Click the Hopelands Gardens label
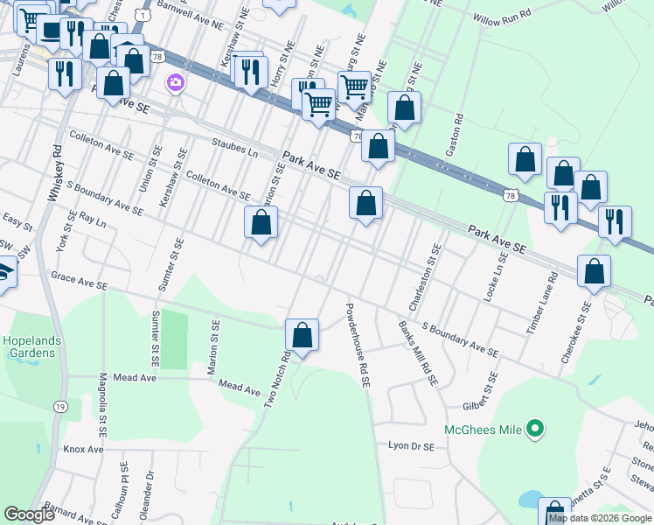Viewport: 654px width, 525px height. [29, 346]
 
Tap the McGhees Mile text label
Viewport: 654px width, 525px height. [483, 430]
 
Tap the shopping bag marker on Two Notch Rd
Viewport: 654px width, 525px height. [302, 335]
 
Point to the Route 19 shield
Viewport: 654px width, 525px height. [59, 406]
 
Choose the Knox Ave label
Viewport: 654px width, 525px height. [83, 449]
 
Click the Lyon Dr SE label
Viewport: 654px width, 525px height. [411, 445]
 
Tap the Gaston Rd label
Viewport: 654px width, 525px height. [452, 135]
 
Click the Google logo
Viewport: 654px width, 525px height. [29, 514]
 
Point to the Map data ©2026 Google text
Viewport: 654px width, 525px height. [600, 518]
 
